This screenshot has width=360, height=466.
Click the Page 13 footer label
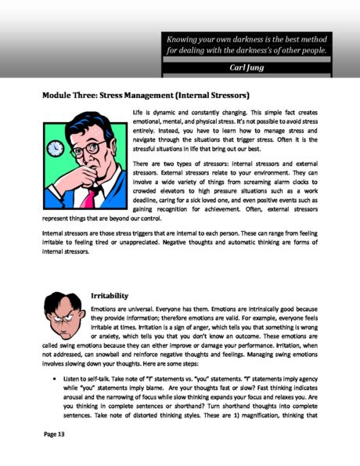point(57,432)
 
